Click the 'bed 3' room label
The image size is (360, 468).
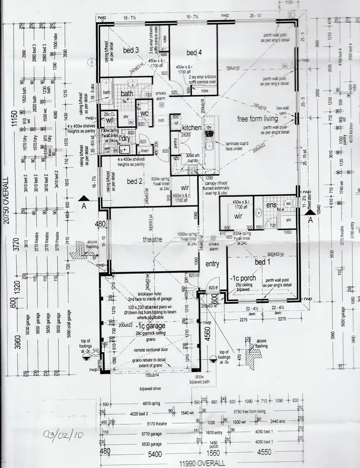click(x=131, y=50)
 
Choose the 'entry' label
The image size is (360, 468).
click(x=212, y=264)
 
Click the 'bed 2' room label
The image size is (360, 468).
click(x=135, y=182)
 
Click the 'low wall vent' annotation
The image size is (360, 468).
click(x=281, y=111)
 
